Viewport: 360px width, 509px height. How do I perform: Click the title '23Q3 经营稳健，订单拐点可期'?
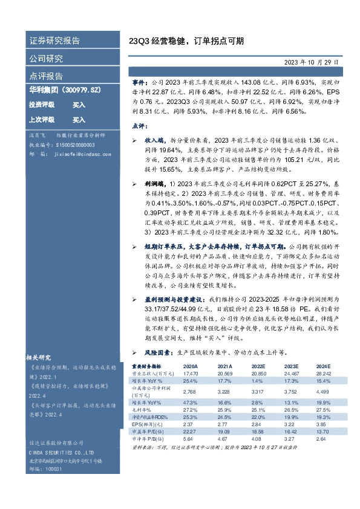pos(187,42)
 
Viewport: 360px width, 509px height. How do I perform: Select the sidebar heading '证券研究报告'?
pos(54,41)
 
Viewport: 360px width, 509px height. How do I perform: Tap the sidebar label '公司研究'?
pos(46,59)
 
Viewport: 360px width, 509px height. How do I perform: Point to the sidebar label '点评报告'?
pos(46,76)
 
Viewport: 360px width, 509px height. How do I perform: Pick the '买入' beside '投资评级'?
pos(79,105)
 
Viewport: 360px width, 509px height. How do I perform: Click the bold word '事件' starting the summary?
pos(139,80)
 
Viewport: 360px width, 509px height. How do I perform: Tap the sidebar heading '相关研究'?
pos(42,357)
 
